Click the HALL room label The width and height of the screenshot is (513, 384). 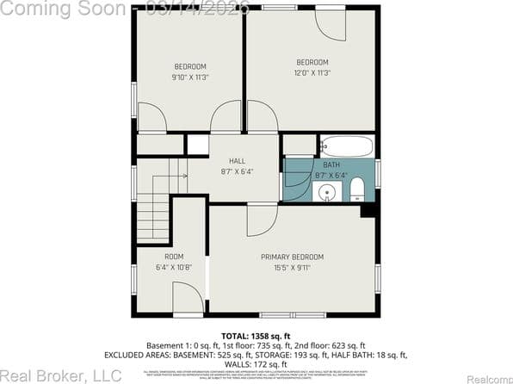click(x=237, y=161)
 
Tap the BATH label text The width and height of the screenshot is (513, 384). click(x=331, y=164)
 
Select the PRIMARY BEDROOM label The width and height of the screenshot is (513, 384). click(x=293, y=257)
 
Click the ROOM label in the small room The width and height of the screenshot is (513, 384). click(x=174, y=257)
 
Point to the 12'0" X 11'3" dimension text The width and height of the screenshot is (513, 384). click(x=312, y=73)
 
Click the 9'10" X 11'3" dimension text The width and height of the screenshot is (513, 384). click(x=190, y=77)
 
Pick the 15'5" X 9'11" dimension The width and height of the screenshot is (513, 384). click(x=293, y=268)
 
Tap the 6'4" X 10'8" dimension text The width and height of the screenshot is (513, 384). click(x=174, y=268)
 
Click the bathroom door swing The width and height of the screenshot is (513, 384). click(x=298, y=184)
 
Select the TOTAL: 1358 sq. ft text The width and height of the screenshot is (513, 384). click(x=256, y=336)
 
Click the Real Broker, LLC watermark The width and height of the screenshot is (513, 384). click(x=60, y=375)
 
